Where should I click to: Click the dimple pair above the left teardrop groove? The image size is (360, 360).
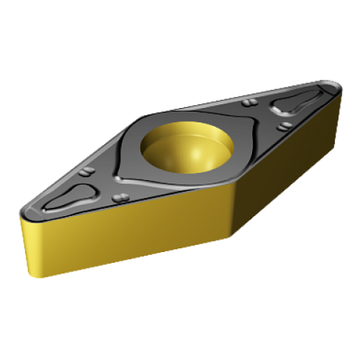click(x=87, y=173)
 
